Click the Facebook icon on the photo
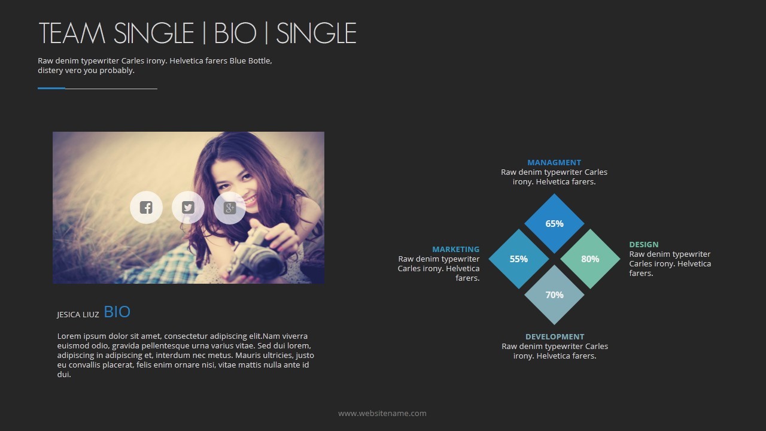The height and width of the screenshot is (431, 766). coord(146,207)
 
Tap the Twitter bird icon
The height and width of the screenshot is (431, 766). coord(188,207)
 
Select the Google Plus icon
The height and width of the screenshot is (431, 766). coord(229,208)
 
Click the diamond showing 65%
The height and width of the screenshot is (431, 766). coord(554,223)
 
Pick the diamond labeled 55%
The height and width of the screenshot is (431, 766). coord(519,259)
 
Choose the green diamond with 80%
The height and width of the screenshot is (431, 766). coord(590,259)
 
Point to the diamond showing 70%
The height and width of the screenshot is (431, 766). coord(554,295)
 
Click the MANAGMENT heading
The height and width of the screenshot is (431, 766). coord(554,162)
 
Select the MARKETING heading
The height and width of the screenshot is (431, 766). coord(456,250)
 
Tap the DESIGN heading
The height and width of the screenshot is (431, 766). coord(644,245)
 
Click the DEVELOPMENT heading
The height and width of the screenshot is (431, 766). coord(555,336)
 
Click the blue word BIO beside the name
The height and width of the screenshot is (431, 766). coord(117,312)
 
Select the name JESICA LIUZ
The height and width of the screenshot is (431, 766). coord(78,315)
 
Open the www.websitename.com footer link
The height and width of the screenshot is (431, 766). coord(382,413)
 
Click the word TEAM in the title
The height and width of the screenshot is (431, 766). coord(72,33)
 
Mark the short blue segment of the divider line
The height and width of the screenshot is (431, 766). coord(51,88)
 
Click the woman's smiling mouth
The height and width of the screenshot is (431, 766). coord(250,200)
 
